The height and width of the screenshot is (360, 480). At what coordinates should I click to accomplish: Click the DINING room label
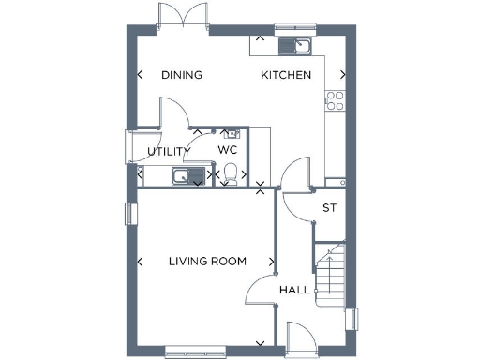pyautogui.click(x=182, y=75)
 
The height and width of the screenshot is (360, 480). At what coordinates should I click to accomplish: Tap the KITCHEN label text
pyautogui.click(x=286, y=75)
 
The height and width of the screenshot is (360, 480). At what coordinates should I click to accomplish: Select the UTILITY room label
pyautogui.click(x=170, y=151)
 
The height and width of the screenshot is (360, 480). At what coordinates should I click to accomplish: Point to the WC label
pyautogui.click(x=228, y=150)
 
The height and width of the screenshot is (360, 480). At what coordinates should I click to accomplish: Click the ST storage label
pyautogui.click(x=329, y=208)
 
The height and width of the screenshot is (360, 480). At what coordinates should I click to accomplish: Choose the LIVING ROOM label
pyautogui.click(x=207, y=262)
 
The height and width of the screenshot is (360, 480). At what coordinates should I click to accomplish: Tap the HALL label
pyautogui.click(x=294, y=291)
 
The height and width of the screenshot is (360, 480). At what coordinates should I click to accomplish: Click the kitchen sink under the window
pyautogui.click(x=299, y=45)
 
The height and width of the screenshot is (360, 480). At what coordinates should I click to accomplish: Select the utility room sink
pyautogui.click(x=183, y=175)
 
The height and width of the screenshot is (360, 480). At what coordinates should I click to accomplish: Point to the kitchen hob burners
pyautogui.click(x=334, y=100)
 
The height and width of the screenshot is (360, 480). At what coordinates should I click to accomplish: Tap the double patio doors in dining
pyautogui.click(x=181, y=17)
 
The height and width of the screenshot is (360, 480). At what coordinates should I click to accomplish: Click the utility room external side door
pyautogui.click(x=129, y=148)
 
